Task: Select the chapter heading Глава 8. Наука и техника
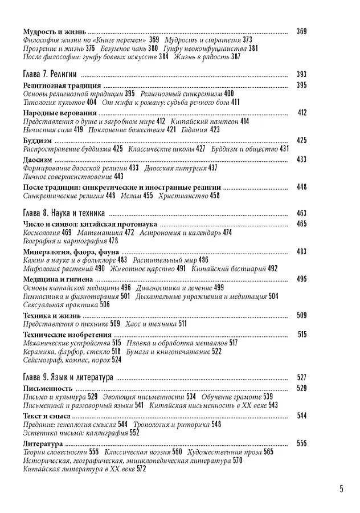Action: (64, 213)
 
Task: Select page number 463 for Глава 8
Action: (302, 213)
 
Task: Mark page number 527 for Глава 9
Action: (302, 377)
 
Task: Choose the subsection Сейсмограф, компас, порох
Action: (66, 360)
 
